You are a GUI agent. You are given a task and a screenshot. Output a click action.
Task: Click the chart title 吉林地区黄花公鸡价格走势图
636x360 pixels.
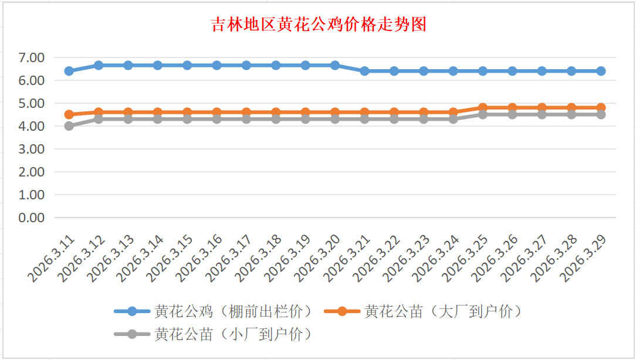[319, 25]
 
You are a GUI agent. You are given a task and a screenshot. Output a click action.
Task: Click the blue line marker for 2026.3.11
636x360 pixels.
[69, 71]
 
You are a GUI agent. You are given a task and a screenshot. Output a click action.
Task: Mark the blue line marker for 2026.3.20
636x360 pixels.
[335, 65]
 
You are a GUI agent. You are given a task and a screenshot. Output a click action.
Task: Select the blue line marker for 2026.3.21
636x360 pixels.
[364, 71]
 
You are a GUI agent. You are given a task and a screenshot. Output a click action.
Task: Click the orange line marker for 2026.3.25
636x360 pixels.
[483, 108]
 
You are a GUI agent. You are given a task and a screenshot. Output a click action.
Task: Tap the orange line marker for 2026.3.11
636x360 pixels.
[69, 114]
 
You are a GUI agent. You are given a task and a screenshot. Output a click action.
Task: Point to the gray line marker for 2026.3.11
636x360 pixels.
[69, 126]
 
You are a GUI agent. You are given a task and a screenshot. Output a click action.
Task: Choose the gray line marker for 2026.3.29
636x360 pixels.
[601, 114]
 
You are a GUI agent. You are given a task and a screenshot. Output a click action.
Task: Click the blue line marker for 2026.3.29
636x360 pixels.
[601, 71]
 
